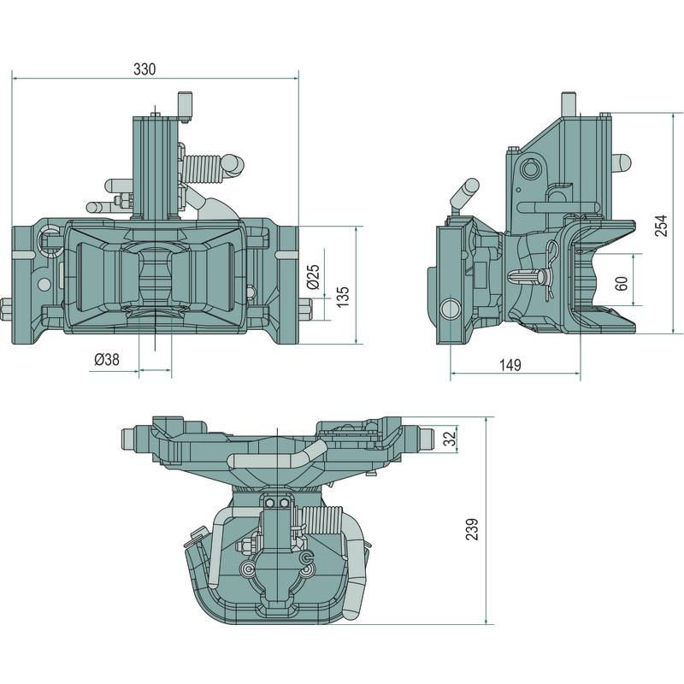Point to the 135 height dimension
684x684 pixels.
tap(342, 296)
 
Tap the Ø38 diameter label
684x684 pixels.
tap(106, 360)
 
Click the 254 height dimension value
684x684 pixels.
tap(661, 223)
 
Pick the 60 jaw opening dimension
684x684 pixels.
tap(622, 283)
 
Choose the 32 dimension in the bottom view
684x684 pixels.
tap(449, 439)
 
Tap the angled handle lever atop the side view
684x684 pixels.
tap(467, 192)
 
